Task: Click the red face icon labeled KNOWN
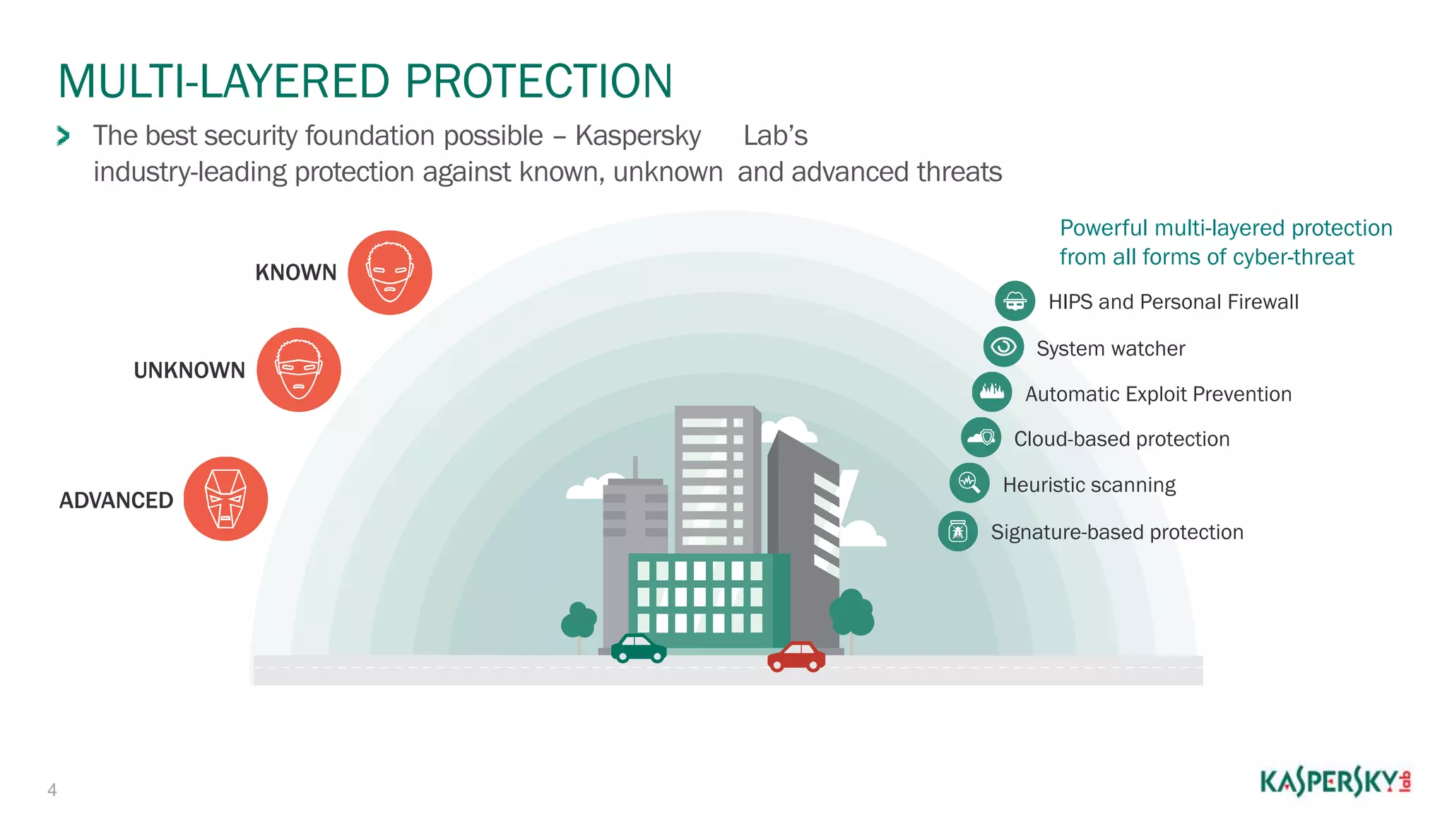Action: (389, 273)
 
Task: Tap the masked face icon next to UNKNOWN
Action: (298, 370)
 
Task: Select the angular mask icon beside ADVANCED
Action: (225, 499)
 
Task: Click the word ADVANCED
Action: (116, 500)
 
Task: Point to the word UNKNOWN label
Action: (189, 370)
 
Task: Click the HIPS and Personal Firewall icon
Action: (1015, 301)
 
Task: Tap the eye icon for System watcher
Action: (1003, 347)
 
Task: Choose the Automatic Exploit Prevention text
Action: (1158, 394)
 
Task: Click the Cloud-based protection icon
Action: (981, 437)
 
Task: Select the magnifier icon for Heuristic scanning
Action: (969, 483)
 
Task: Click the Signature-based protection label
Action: (1116, 532)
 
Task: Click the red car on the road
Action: (796, 656)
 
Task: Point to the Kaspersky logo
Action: (1335, 782)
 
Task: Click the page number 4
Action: (52, 790)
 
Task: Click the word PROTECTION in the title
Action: (538, 81)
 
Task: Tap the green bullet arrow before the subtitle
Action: (63, 136)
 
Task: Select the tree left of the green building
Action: (579, 621)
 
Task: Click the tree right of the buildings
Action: (851, 613)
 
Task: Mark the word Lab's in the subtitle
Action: (775, 136)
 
